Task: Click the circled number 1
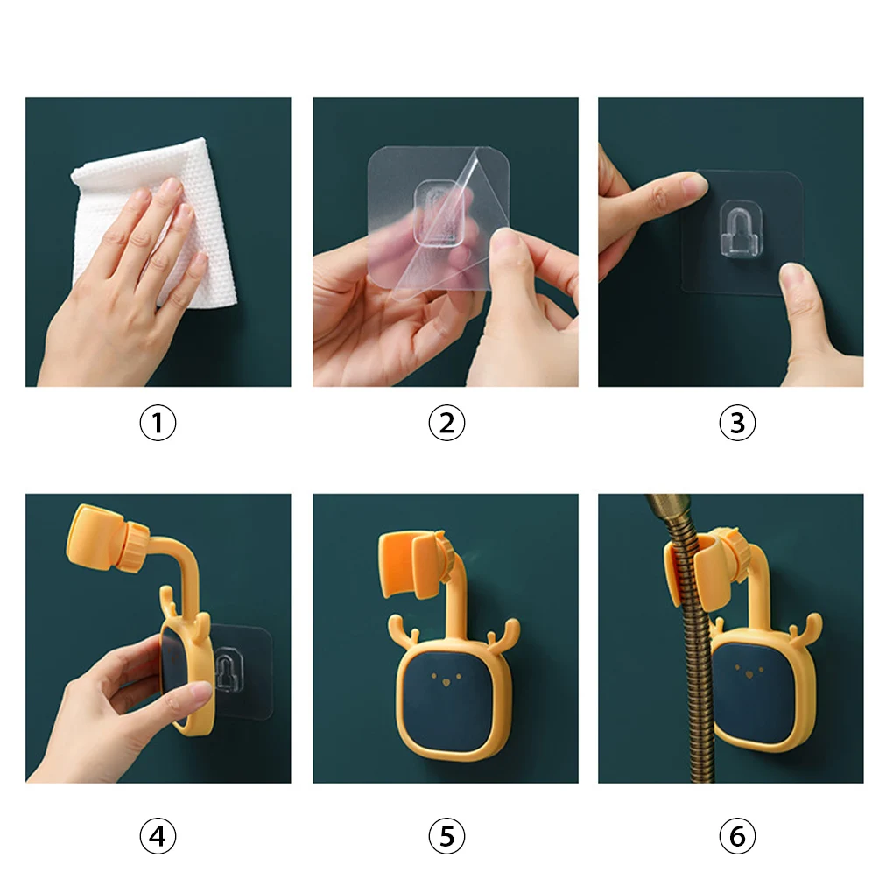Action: coord(158,423)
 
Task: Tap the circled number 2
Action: coord(446,423)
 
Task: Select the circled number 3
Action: coord(737,423)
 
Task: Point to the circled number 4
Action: coord(158,836)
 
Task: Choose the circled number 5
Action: coord(446,836)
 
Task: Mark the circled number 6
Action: coord(737,836)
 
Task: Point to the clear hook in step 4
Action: coord(229,670)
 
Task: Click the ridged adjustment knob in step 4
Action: coord(134,546)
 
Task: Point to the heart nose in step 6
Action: coord(749,675)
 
